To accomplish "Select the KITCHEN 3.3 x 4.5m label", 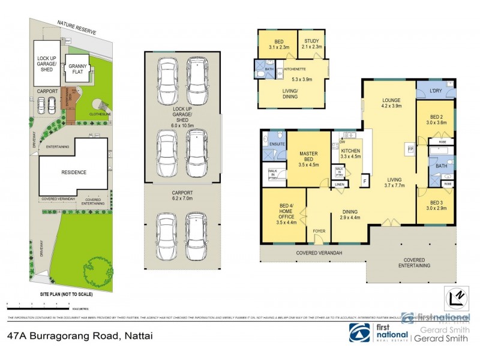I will pyautogui.click(x=350, y=153).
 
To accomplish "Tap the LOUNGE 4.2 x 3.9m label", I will pyautogui.click(x=391, y=103).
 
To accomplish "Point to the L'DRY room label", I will pyautogui.click(x=436, y=91).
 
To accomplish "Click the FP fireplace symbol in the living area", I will pyautogui.click(x=411, y=148).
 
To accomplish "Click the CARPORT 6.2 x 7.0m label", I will pyautogui.click(x=182, y=196).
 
